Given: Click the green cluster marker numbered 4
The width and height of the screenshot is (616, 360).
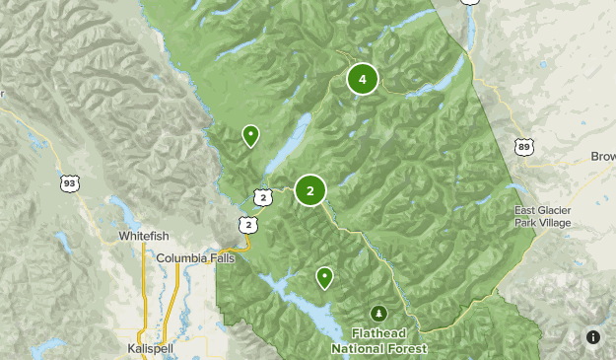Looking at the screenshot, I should pyautogui.click(x=362, y=79).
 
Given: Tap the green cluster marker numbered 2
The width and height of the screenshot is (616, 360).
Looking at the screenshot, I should pyautogui.click(x=310, y=191).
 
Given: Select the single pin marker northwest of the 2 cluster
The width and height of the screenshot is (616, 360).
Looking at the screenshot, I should pyautogui.click(x=251, y=135).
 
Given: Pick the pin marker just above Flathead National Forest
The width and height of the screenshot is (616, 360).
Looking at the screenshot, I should pyautogui.click(x=323, y=277).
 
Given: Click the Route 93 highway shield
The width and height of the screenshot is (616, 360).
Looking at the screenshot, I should pyautogui.click(x=69, y=183).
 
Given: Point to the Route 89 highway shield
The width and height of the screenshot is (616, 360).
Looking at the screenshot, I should pyautogui.click(x=524, y=147).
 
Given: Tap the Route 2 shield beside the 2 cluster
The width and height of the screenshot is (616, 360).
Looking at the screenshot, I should pyautogui.click(x=261, y=197).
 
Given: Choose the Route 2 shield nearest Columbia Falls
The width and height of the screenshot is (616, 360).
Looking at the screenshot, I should pyautogui.click(x=249, y=226).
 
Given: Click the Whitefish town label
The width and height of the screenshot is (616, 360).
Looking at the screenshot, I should pyautogui.click(x=144, y=237).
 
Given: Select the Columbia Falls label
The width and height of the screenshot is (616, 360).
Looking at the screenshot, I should pyautogui.click(x=197, y=258).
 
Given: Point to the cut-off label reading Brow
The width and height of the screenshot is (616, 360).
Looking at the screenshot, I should pyautogui.click(x=602, y=157).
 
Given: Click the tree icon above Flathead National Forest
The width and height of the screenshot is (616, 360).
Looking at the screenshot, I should pyautogui.click(x=379, y=314).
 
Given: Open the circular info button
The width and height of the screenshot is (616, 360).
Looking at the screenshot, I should pyautogui.click(x=593, y=337).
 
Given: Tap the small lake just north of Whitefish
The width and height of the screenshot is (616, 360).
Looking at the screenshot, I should pyautogui.click(x=125, y=210).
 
